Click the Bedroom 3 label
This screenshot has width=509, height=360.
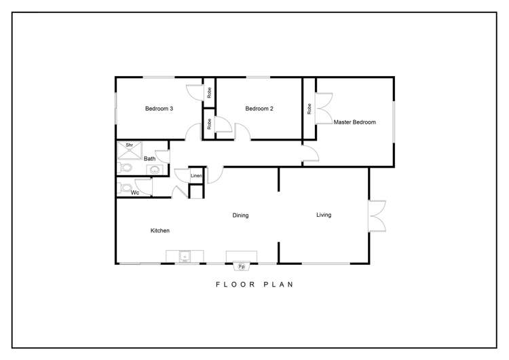(x=159, y=109)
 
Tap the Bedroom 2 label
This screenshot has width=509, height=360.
(x=259, y=109)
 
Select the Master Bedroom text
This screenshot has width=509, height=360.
(x=354, y=122)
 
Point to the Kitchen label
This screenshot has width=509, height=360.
(x=159, y=231)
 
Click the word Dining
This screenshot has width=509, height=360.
(x=240, y=215)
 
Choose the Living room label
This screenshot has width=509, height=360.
(x=324, y=215)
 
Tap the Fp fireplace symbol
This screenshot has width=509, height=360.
(x=241, y=266)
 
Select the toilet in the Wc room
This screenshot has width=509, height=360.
(x=124, y=188)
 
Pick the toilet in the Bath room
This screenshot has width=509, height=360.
(x=125, y=168)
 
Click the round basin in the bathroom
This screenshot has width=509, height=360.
(x=155, y=170)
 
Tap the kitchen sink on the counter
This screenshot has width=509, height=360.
(x=183, y=256)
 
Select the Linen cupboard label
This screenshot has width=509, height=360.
(x=195, y=176)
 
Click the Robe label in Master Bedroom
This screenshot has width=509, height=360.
(x=309, y=108)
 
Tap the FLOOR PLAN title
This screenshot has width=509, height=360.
(x=254, y=285)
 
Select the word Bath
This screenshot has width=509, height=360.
(x=149, y=159)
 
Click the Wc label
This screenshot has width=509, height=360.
(x=134, y=193)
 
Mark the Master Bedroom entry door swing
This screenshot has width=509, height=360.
(x=309, y=155)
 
